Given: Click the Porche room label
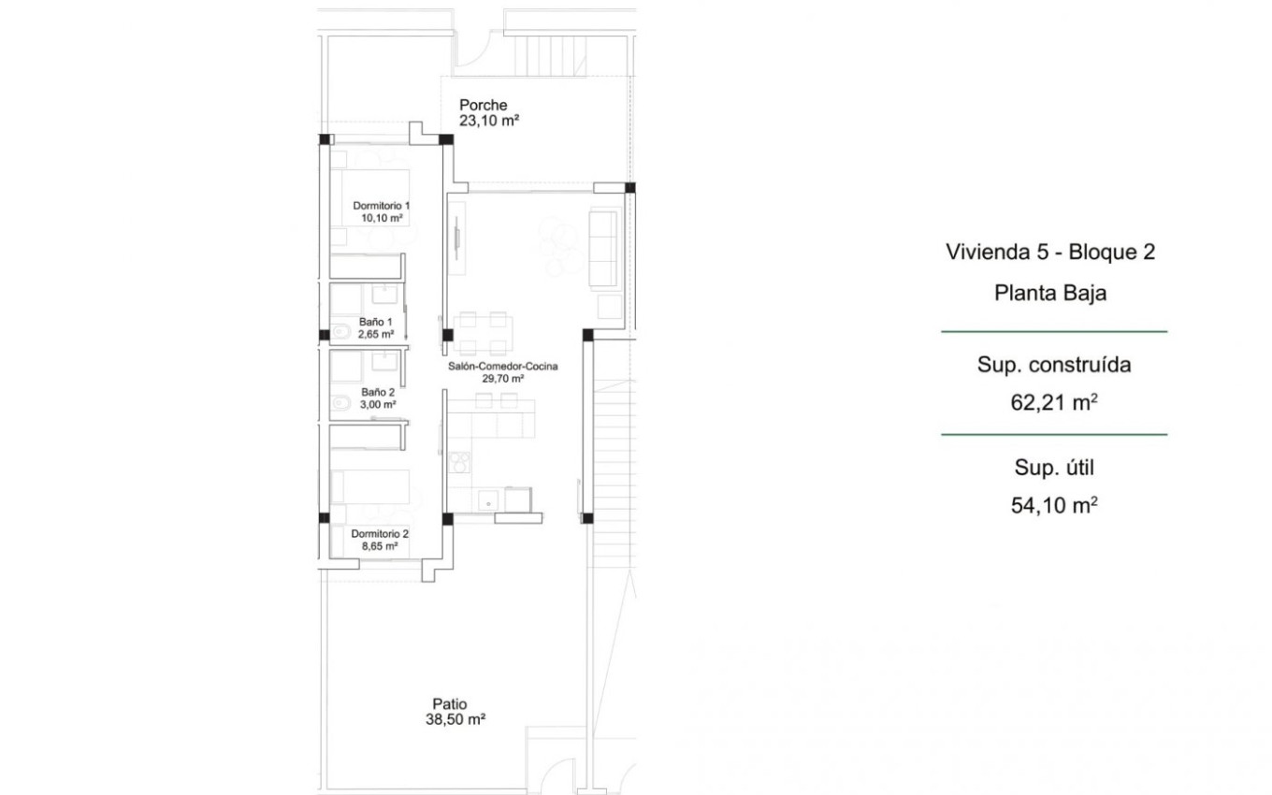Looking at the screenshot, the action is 483,105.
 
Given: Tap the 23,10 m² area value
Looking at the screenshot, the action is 489,121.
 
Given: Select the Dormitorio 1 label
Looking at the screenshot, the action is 381,206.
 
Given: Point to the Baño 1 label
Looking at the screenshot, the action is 375,322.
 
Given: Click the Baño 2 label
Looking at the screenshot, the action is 378,393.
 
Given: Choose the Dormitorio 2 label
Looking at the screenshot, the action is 380,534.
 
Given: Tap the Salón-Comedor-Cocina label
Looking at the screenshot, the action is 502,367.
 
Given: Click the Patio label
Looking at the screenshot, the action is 450,704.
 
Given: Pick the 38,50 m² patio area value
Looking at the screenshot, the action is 455,719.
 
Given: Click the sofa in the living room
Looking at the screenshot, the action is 603,248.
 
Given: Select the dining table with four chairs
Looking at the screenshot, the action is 484,333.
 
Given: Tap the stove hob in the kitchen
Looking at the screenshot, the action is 459,462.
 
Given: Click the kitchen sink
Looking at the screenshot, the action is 488,501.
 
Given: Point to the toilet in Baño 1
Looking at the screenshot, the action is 340,331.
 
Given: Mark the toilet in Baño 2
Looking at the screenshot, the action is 340,402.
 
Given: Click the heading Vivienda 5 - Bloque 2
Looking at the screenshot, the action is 1050,252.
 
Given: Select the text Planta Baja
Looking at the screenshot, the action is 1050,293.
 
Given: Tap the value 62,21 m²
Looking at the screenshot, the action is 1054,402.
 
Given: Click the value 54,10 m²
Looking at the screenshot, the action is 1054,505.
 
